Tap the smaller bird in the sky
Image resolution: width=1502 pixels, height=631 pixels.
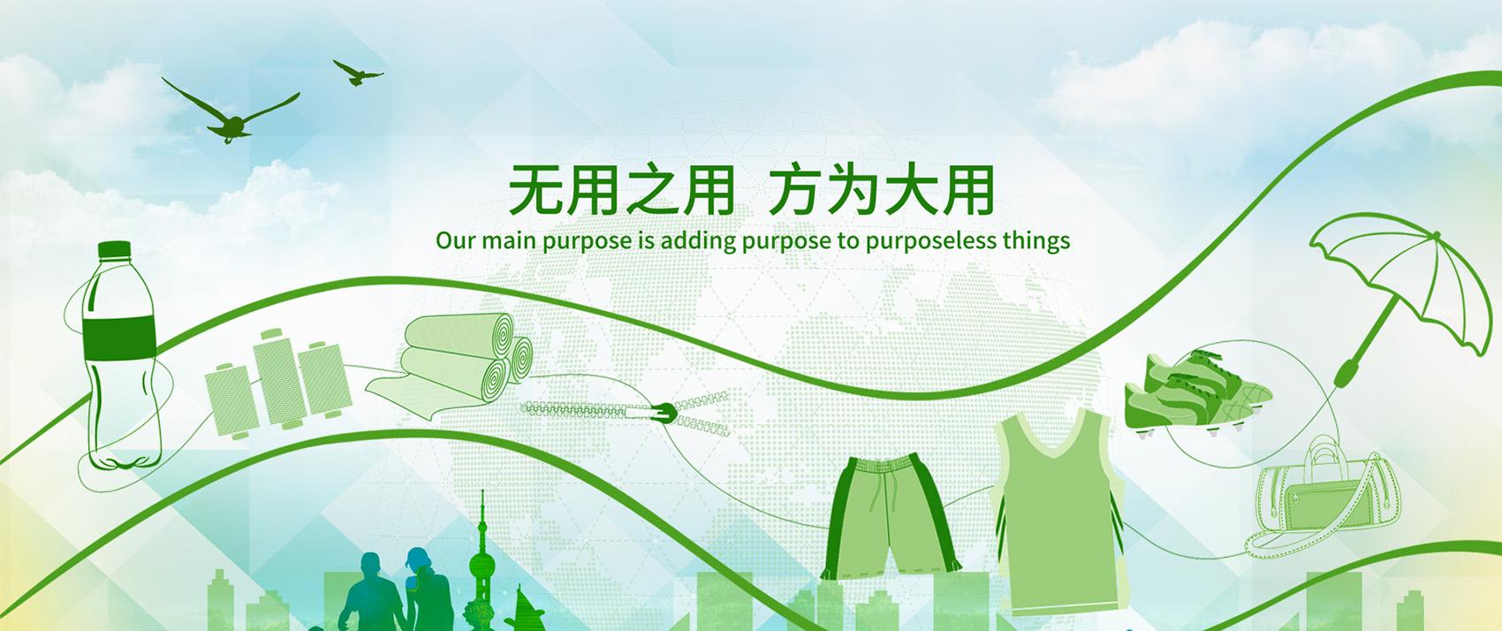pyautogui.click(x=358, y=73)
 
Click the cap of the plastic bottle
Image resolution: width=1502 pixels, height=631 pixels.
pyautogui.click(x=113, y=250)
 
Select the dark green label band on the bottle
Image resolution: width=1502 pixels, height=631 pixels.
pyautogui.click(x=119, y=338)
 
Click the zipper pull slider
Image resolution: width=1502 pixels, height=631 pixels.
pyautogui.click(x=665, y=413)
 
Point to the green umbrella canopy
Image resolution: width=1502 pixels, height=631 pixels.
pyautogui.click(x=1395, y=269)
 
